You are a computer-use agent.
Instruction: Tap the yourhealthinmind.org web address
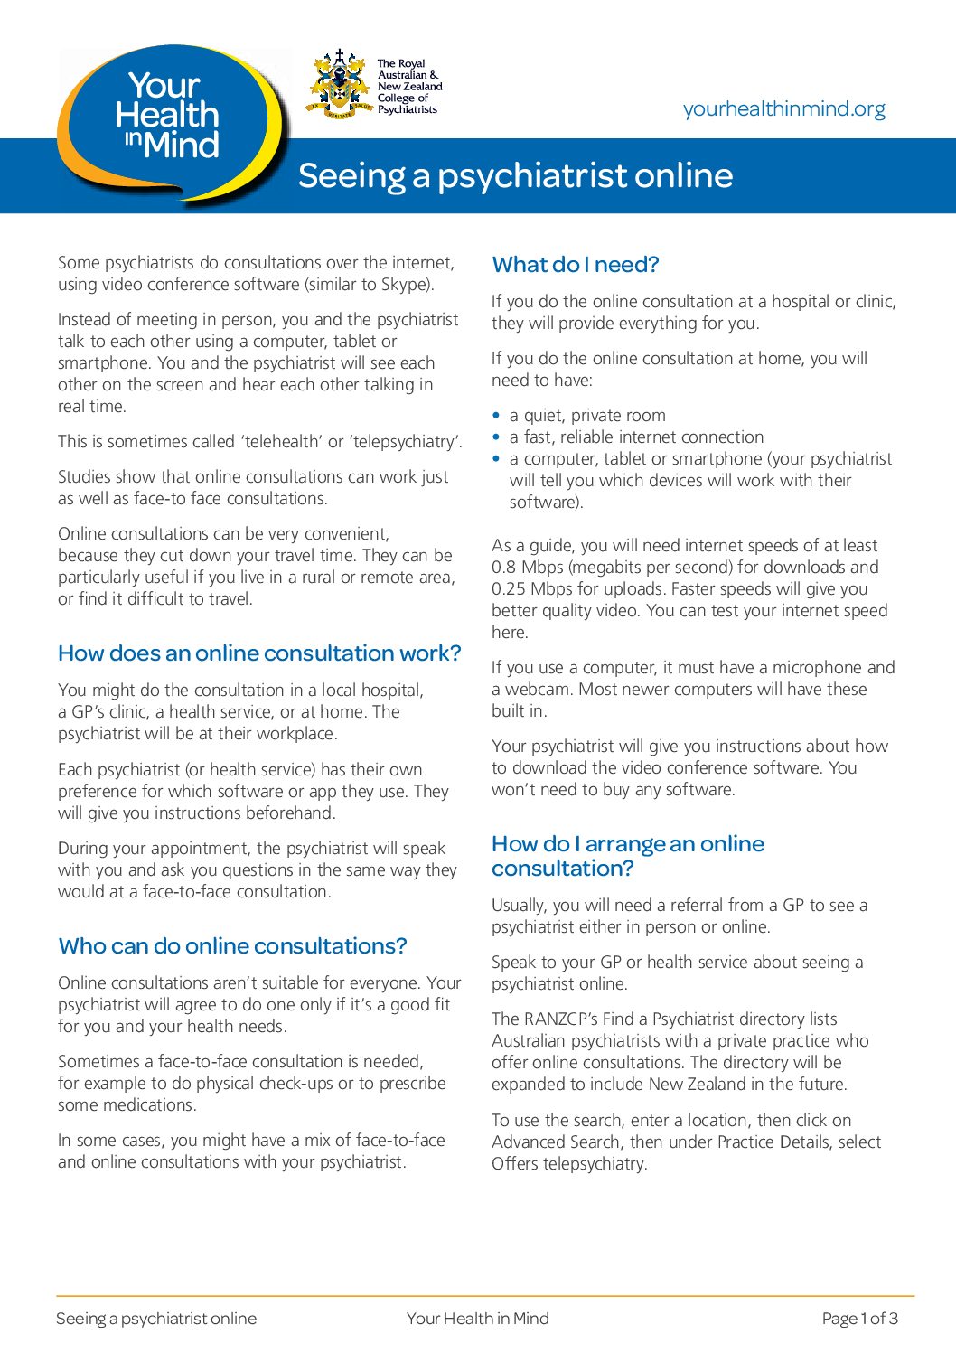click(783, 109)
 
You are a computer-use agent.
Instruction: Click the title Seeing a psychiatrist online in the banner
click(515, 175)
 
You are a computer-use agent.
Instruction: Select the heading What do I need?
click(576, 265)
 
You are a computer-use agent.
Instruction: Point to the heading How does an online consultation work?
click(259, 653)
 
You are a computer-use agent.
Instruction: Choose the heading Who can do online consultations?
click(232, 946)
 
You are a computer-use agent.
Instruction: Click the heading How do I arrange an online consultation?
click(627, 856)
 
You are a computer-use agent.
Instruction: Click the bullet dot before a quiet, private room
click(496, 416)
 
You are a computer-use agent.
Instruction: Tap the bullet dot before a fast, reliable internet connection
click(496, 437)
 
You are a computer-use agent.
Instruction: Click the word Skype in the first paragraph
click(405, 285)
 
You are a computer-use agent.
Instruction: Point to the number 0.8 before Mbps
click(503, 568)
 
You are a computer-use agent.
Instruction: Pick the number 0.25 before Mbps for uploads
click(509, 589)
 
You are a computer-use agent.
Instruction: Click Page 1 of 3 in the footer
click(859, 1319)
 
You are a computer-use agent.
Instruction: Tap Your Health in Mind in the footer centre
click(477, 1319)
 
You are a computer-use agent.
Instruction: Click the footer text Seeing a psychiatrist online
click(156, 1319)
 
